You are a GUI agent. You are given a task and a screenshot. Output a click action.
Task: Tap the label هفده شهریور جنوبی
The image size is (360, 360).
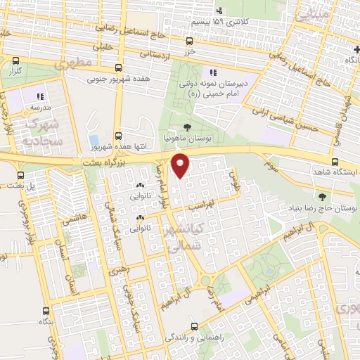(x=117, y=79)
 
